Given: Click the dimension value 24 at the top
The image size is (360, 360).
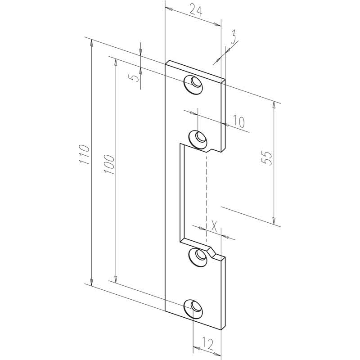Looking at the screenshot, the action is tap(196, 11).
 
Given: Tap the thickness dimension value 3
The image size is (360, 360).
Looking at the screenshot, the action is tap(233, 37).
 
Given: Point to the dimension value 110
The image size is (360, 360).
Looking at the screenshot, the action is tap(84, 154).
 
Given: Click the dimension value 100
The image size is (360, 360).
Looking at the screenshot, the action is tap(109, 164).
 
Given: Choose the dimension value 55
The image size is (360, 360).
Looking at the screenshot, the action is tap(267, 158).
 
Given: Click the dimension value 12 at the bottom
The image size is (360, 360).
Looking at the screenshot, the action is tap(208, 343).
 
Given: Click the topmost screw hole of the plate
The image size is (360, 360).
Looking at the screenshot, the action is tap(193, 85).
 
